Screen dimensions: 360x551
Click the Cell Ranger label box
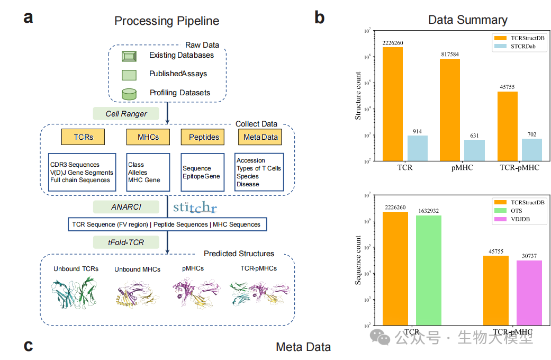(127, 113)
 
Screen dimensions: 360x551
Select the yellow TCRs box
(83, 137)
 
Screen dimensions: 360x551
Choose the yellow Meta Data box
(259, 138)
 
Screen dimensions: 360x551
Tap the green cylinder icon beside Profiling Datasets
(129, 94)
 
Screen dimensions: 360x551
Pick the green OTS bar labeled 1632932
(428, 270)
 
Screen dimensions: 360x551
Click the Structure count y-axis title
(358, 96)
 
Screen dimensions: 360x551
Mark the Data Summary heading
(467, 20)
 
